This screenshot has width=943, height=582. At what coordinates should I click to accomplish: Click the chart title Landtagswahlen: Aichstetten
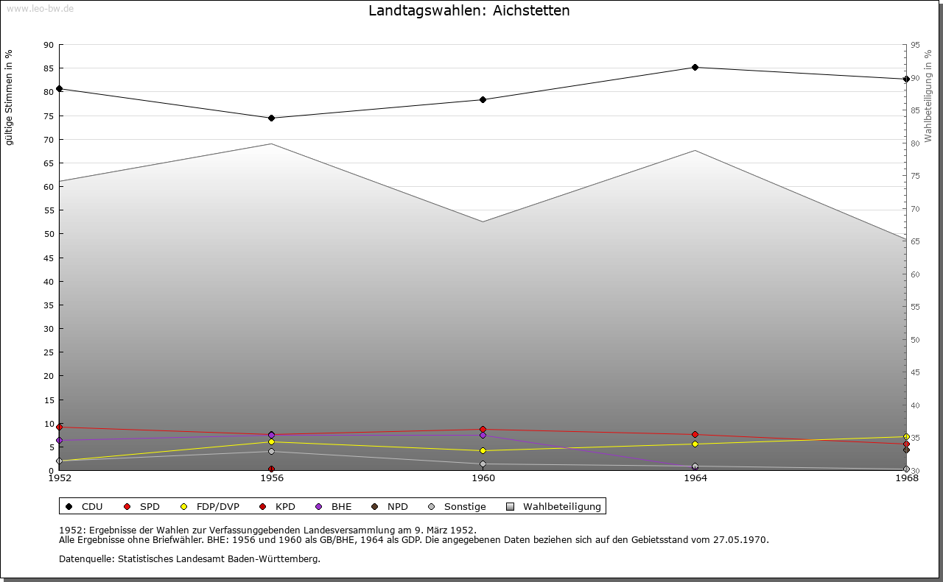469,11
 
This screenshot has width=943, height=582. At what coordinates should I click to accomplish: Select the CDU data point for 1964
695,68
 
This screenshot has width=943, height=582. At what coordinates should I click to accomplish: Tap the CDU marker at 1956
271,118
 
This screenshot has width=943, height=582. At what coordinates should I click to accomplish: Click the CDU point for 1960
483,99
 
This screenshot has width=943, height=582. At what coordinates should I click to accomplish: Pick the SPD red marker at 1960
483,429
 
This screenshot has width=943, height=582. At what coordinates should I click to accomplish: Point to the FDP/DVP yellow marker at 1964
695,444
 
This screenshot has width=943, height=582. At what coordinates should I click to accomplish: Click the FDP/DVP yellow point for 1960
483,450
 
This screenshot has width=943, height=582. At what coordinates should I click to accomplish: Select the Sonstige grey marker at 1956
271,451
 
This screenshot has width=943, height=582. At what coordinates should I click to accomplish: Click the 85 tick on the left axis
49,68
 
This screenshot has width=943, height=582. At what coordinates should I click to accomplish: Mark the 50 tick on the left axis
49,234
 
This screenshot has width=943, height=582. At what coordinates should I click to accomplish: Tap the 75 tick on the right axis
915,176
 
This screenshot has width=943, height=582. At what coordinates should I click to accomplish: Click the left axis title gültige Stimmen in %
10,97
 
